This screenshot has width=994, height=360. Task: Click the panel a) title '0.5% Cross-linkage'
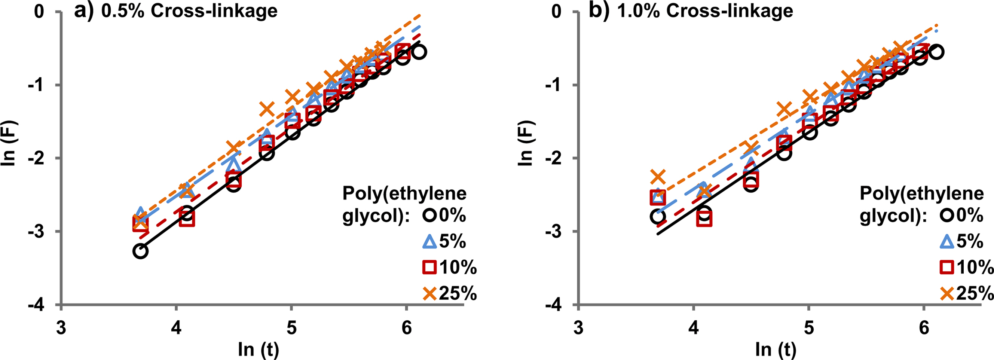pyautogui.click(x=189, y=11)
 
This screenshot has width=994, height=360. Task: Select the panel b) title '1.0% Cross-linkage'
pyautogui.click(x=705, y=11)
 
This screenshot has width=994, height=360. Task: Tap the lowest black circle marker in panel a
pyautogui.click(x=140, y=251)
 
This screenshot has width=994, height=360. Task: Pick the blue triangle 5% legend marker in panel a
pyautogui.click(x=429, y=242)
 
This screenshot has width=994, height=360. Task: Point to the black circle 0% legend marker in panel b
pyautogui.click(x=946, y=215)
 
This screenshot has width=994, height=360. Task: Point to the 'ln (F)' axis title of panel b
pyautogui.click(x=526, y=143)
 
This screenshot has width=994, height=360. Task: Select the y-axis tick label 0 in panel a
pyautogui.click(x=39, y=12)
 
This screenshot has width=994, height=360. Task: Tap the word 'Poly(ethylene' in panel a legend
pyautogui.click(x=404, y=193)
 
